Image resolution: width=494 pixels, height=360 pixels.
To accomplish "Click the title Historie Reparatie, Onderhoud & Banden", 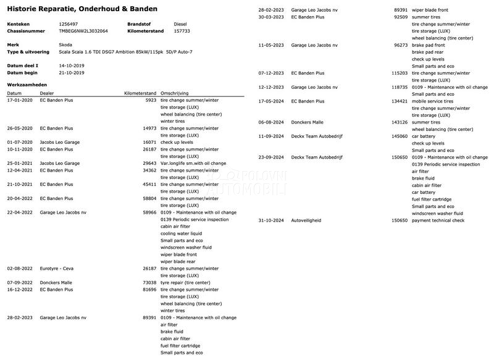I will (x=82, y=9).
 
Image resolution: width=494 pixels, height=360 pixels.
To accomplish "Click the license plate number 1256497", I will (x=69, y=23).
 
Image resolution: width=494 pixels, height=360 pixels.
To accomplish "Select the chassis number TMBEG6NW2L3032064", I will (x=83, y=30).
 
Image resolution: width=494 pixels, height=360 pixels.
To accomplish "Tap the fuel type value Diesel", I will (x=180, y=23).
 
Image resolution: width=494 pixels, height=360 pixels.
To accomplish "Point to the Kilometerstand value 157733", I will (x=182, y=30).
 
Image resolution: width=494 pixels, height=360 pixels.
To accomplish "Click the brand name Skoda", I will (x=65, y=45).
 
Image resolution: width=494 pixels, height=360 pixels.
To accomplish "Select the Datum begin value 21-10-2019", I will (x=72, y=72).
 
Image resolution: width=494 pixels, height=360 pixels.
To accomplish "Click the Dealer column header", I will (x=47, y=93).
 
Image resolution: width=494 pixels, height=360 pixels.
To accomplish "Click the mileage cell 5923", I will (x=151, y=100).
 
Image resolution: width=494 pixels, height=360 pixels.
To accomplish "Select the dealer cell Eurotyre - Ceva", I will (x=57, y=269).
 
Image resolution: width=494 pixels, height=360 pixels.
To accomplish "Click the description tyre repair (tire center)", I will (x=185, y=282).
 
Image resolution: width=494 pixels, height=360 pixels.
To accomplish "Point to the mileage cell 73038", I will (x=149, y=282).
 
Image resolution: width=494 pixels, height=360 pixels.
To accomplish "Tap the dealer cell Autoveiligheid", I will (x=306, y=220).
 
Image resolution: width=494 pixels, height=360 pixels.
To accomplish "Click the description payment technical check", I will (x=438, y=220).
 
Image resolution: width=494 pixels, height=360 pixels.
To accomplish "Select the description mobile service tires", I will (x=432, y=101).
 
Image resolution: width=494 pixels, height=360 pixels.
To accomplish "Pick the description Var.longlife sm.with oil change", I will (x=193, y=163).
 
